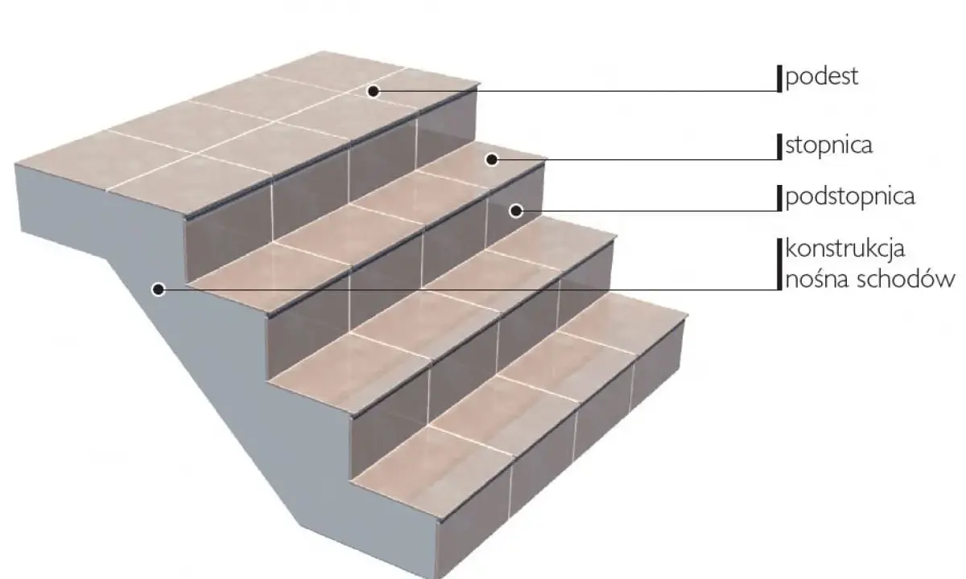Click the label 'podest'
[x=822, y=77]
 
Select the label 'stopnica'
[x=828, y=146]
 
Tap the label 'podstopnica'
[x=849, y=198]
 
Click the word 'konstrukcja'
[x=844, y=249]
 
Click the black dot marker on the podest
[x=374, y=91]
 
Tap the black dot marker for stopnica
[x=492, y=160]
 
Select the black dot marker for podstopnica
[x=516, y=211]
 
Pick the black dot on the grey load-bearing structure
[x=159, y=289]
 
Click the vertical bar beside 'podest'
[x=779, y=79]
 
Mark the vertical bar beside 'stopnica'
[x=779, y=147]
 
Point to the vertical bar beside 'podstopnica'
[x=779, y=198]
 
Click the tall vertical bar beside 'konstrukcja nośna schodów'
[x=779, y=264]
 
